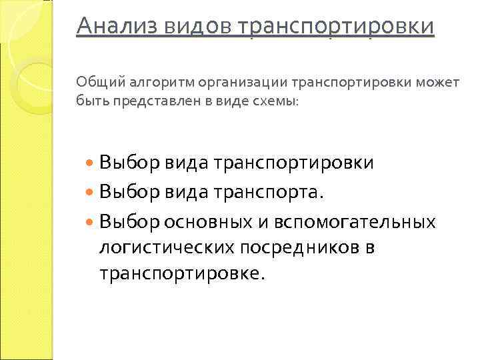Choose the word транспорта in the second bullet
(265, 193)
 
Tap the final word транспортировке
(181, 274)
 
